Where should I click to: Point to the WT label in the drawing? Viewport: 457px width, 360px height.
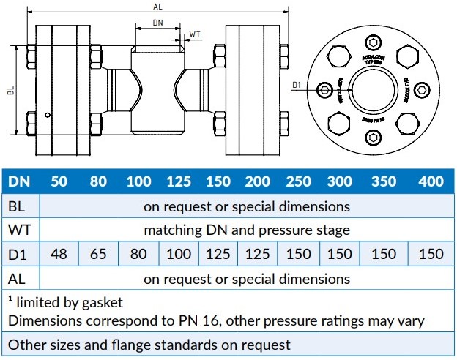pyautogui.click(x=195, y=34)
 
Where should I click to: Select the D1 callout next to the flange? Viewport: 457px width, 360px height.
pyautogui.click(x=297, y=86)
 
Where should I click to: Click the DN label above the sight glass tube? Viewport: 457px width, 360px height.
pyautogui.click(x=157, y=23)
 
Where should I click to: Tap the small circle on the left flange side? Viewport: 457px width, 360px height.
pyautogui.click(x=48, y=114)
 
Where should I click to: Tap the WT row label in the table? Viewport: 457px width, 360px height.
pyautogui.click(x=19, y=230)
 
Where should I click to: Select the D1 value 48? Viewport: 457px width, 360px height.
pyautogui.click(x=59, y=255)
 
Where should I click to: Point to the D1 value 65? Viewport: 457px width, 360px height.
pyautogui.click(x=98, y=255)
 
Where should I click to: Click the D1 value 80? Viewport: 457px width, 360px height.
pyautogui.click(x=138, y=255)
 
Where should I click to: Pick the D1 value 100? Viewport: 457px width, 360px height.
pyautogui.click(x=179, y=255)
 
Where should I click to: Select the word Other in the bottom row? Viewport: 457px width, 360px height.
pyautogui.click(x=26, y=344)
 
